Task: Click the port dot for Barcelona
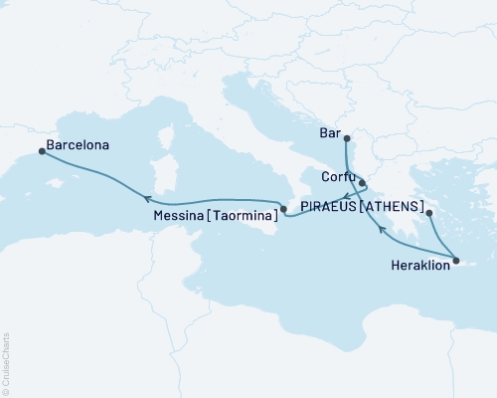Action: (x=41, y=151)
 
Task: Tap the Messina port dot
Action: (x=283, y=209)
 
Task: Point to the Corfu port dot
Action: (x=363, y=182)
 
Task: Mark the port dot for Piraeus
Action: (x=429, y=213)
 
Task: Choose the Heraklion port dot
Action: (x=456, y=261)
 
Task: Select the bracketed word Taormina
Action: (x=245, y=213)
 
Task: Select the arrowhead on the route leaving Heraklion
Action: (x=382, y=231)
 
